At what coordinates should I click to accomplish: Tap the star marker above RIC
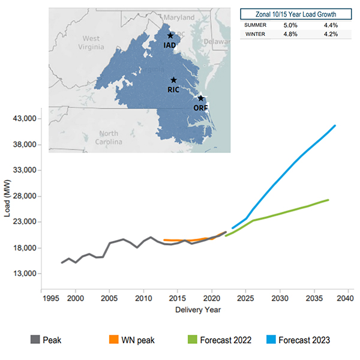click(173, 80)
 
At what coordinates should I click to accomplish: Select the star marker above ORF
click(201, 98)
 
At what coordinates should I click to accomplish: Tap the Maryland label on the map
click(179, 17)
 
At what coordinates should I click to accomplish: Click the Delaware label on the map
click(217, 42)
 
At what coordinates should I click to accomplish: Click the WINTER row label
click(256, 34)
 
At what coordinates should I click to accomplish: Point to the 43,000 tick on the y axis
click(25, 119)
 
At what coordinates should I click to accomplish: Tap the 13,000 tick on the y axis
click(25, 274)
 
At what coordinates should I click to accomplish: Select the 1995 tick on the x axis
click(41, 298)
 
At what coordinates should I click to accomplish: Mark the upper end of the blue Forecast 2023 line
click(335, 125)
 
